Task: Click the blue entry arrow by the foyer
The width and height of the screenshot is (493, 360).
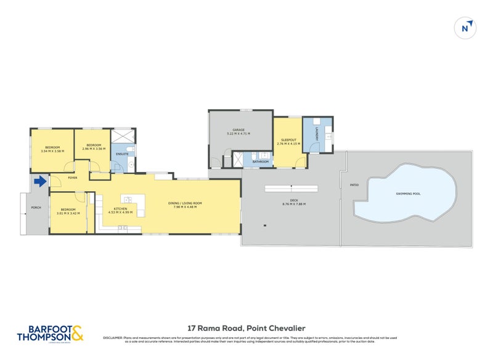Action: [x=41, y=181]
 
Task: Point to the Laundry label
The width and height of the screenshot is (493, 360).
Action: [x=317, y=139]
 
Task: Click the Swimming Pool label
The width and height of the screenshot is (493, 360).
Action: [x=409, y=194]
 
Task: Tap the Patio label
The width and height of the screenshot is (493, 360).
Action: [x=354, y=184]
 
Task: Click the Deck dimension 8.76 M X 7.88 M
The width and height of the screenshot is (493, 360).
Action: [x=294, y=204]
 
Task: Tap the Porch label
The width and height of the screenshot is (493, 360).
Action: [x=36, y=207]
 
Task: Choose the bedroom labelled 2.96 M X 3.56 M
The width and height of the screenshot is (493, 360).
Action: [x=94, y=149]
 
